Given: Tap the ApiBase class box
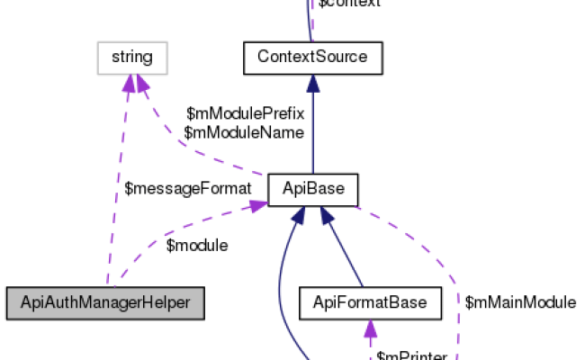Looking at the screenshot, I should pyautogui.click(x=312, y=190).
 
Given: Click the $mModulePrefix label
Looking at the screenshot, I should pyautogui.click(x=245, y=114).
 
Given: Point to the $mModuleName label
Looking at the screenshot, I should pyautogui.click(x=243, y=131).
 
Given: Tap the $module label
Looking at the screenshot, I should pyautogui.click(x=197, y=245).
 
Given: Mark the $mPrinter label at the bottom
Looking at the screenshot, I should pyautogui.click(x=411, y=355).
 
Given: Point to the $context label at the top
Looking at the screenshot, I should pyautogui.click(x=349, y=4).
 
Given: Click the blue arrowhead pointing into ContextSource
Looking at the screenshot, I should pyautogui.click(x=311, y=84).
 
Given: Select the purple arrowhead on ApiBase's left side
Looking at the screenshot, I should pyautogui.click(x=258, y=206).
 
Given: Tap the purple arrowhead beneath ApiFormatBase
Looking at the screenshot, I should pyautogui.click(x=370, y=328).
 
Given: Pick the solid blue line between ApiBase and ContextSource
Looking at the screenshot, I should pyautogui.click(x=311, y=135).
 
